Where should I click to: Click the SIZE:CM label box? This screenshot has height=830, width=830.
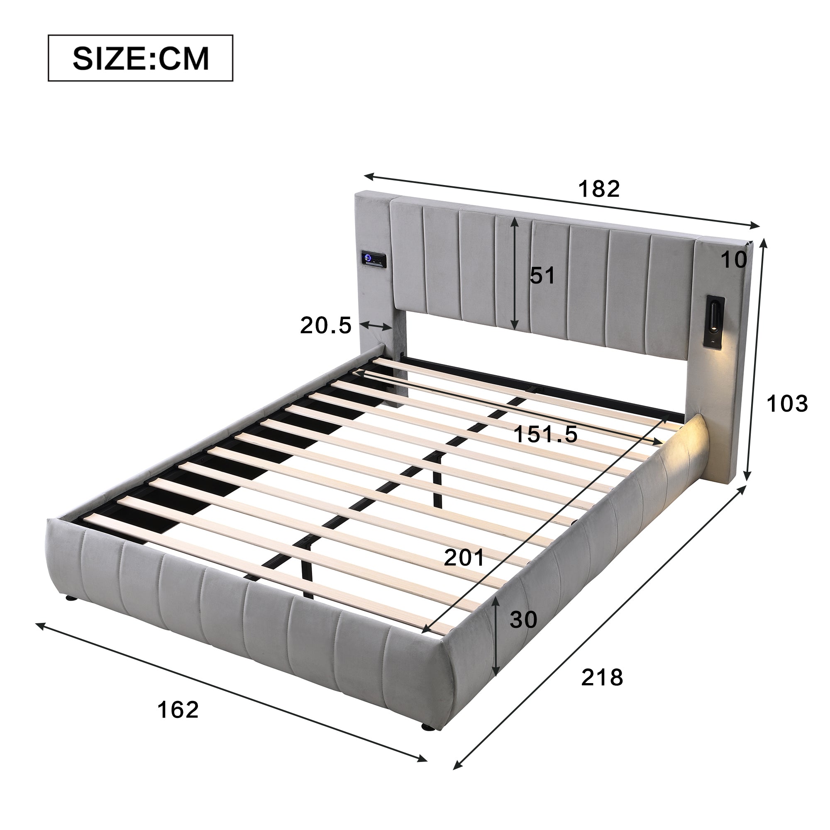click(x=141, y=58)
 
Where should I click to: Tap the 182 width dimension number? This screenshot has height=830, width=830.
click(x=599, y=188)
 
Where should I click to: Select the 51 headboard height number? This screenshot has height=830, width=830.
click(x=542, y=276)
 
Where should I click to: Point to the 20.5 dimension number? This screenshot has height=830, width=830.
click(x=326, y=325)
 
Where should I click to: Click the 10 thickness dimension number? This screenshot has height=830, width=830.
click(x=734, y=259)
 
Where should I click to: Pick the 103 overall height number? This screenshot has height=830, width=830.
click(x=787, y=404)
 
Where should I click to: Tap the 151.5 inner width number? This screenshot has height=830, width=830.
click(x=546, y=435)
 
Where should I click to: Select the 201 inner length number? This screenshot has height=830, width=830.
click(x=464, y=558)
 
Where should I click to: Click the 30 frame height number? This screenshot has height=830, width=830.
click(x=523, y=620)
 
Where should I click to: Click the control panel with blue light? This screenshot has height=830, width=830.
click(x=373, y=259)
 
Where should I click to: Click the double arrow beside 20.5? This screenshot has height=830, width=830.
click(x=376, y=326)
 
